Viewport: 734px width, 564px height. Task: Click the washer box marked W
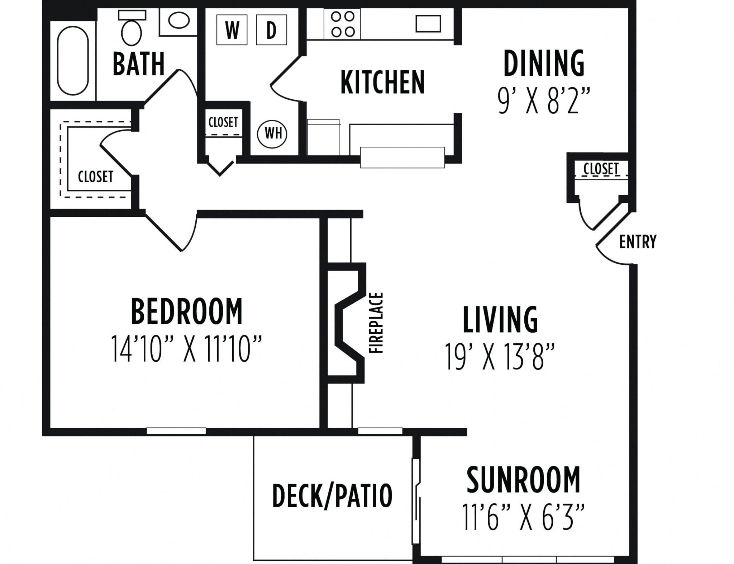pyautogui.click(x=232, y=30)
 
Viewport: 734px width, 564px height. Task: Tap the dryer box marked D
pyautogui.click(x=272, y=30)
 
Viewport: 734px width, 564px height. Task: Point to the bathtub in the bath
pyautogui.click(x=73, y=61)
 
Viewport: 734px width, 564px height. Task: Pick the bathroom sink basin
pyautogui.click(x=179, y=21)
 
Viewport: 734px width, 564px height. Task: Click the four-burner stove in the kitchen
pyautogui.click(x=343, y=24)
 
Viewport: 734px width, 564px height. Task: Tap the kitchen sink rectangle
pyautogui.click(x=428, y=24)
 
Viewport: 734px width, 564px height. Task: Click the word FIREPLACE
pyautogui.click(x=376, y=323)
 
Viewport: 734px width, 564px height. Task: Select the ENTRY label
pyautogui.click(x=638, y=241)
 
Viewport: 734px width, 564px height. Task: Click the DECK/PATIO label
pyautogui.click(x=332, y=495)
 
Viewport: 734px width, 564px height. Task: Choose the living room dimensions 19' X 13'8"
pyautogui.click(x=500, y=356)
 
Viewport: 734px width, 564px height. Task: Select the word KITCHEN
pyautogui.click(x=382, y=83)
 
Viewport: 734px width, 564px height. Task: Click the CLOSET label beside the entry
pyautogui.click(x=601, y=169)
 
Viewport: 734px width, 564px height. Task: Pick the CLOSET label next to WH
pyautogui.click(x=223, y=122)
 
